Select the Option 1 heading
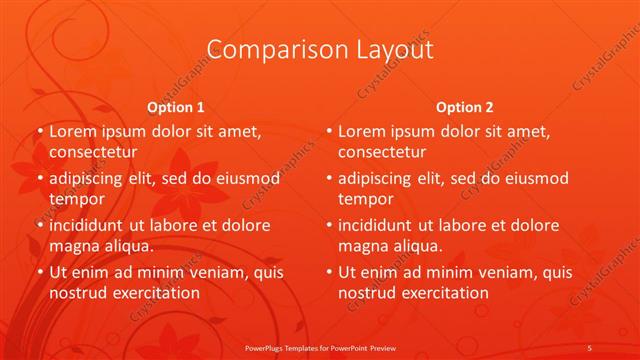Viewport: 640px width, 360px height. (x=176, y=107)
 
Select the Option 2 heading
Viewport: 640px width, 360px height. (x=465, y=107)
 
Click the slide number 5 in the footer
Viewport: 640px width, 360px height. (x=590, y=347)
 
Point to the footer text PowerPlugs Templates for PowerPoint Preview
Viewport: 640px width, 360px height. (x=320, y=347)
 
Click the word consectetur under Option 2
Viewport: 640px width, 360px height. (x=381, y=152)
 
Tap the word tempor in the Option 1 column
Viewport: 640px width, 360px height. (x=74, y=198)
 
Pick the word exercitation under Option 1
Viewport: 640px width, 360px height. (x=154, y=292)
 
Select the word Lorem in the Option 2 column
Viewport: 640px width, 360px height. (x=362, y=131)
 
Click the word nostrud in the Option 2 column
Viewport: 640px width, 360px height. (x=366, y=292)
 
